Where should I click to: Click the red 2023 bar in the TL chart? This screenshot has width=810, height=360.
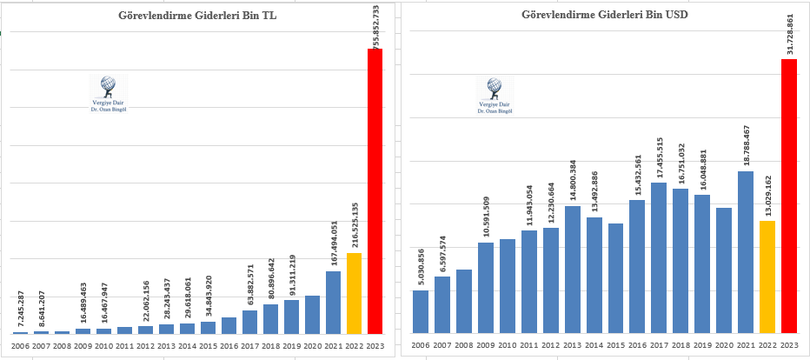click(x=375, y=191)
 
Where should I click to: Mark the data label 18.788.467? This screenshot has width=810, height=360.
click(x=746, y=144)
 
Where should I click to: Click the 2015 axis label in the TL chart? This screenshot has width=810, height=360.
click(x=208, y=346)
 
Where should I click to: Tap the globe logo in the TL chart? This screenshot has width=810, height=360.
click(x=109, y=85)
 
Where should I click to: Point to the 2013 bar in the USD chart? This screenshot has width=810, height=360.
click(x=574, y=269)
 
